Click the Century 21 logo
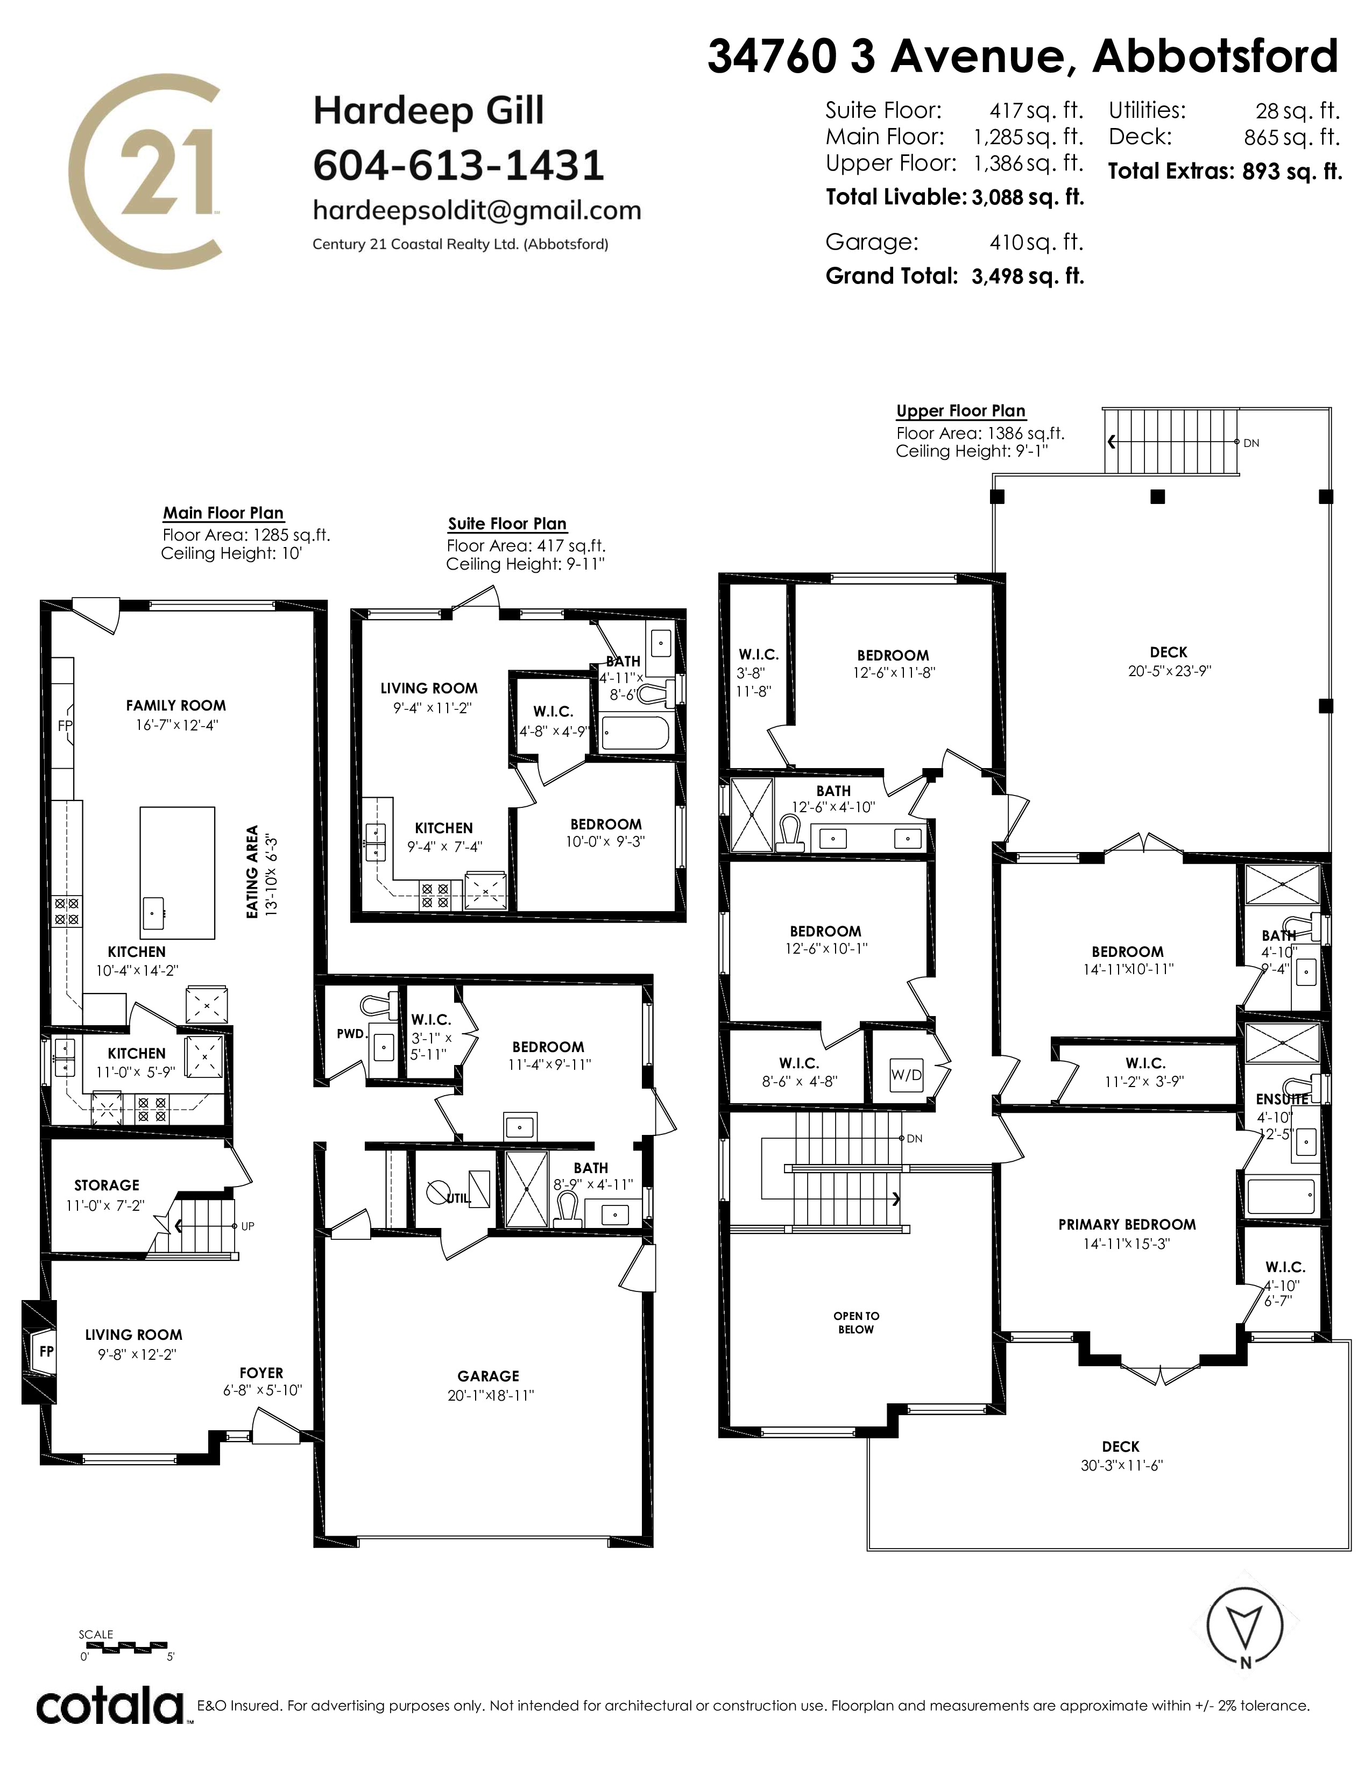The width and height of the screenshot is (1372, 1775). click(x=143, y=171)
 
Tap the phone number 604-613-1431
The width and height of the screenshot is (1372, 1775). click(x=458, y=166)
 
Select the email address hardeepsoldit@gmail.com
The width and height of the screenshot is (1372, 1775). click(x=477, y=210)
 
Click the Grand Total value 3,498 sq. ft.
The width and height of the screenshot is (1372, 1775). click(x=1028, y=276)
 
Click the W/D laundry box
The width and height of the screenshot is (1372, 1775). click(x=906, y=1075)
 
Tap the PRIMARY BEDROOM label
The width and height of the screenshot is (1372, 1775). click(x=1127, y=1225)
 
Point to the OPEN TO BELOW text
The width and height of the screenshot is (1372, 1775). click(x=856, y=1322)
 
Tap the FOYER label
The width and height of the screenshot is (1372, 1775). click(x=261, y=1373)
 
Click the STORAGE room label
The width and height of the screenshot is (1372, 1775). click(x=107, y=1185)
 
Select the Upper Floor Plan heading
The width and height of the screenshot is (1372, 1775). click(x=961, y=411)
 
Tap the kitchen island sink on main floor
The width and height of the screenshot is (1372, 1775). click(x=154, y=913)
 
